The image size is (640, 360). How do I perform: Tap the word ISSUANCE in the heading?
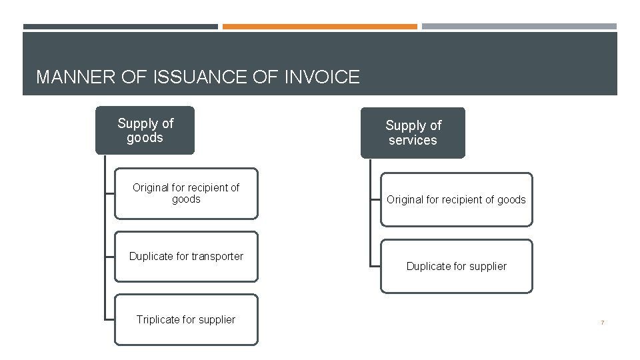tap(191, 77)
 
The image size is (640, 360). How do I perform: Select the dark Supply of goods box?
tap(145, 130)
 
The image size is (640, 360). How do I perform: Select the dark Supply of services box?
tap(413, 133)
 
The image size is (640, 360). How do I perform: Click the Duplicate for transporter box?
tap(186, 257)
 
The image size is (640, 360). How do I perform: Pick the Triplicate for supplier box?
tap(186, 319)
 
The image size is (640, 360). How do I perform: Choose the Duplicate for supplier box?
tap(457, 266)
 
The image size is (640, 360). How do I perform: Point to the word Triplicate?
tap(159, 319)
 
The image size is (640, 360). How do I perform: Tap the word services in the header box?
tap(413, 141)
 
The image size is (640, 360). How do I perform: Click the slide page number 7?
tap(602, 323)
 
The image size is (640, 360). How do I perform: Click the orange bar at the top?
tap(319, 27)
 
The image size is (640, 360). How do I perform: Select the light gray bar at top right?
tap(519, 27)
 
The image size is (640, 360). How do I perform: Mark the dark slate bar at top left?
tap(120, 27)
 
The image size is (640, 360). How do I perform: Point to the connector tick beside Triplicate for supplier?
tap(109, 320)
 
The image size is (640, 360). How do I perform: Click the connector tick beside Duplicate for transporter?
tap(109, 257)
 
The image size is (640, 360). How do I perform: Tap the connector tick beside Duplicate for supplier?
tap(375, 267)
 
